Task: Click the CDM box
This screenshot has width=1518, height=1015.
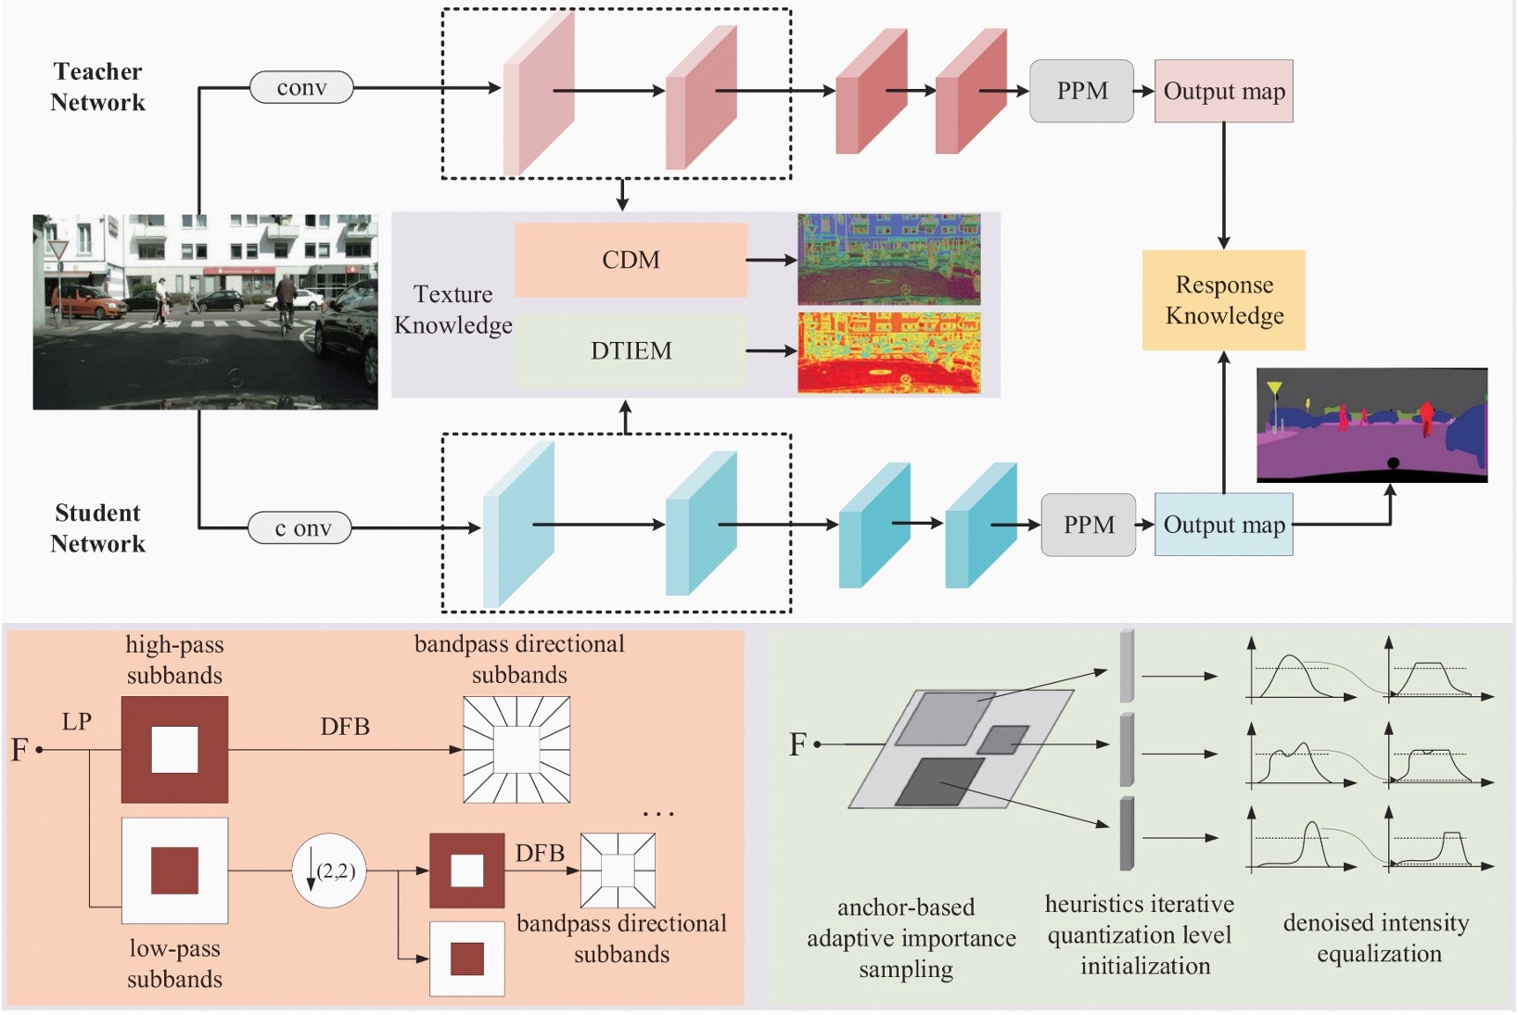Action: pyautogui.click(x=631, y=260)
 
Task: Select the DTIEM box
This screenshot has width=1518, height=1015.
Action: pyautogui.click(x=631, y=350)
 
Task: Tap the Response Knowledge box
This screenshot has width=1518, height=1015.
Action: pyautogui.click(x=1223, y=299)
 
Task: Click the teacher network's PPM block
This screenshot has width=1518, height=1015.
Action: pyautogui.click(x=1081, y=91)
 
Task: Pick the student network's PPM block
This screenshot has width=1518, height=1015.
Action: pyautogui.click(x=1088, y=525)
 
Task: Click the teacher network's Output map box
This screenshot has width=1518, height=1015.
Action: pyautogui.click(x=1223, y=91)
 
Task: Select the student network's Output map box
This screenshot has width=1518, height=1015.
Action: pyautogui.click(x=1223, y=525)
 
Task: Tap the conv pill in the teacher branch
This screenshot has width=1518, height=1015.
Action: pyautogui.click(x=301, y=87)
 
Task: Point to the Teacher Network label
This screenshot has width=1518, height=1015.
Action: pyautogui.click(x=97, y=86)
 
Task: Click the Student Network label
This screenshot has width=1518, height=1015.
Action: pyautogui.click(x=97, y=527)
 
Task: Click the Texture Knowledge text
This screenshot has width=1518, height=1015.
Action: pyautogui.click(x=453, y=309)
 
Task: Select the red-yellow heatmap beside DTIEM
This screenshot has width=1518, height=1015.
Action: pyautogui.click(x=888, y=352)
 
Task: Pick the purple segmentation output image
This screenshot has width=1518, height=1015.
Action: pyautogui.click(x=1371, y=425)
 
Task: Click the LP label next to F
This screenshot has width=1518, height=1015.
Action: pyautogui.click(x=77, y=721)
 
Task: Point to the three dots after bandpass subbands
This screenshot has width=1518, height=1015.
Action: pyautogui.click(x=658, y=814)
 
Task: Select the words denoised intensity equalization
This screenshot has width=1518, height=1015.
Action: pyautogui.click(x=1377, y=937)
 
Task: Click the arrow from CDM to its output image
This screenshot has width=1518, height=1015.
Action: pyautogui.click(x=771, y=260)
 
